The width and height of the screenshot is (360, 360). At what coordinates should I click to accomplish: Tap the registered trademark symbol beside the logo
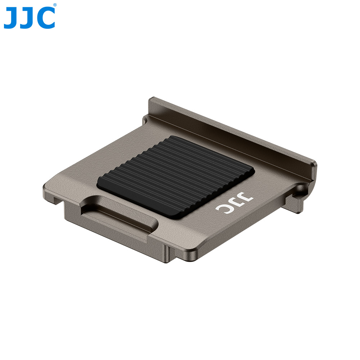(x=55, y=5)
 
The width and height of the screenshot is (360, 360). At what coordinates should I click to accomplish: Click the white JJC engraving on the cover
(x=234, y=204)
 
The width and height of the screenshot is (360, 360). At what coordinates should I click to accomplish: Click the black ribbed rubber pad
(x=176, y=176)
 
